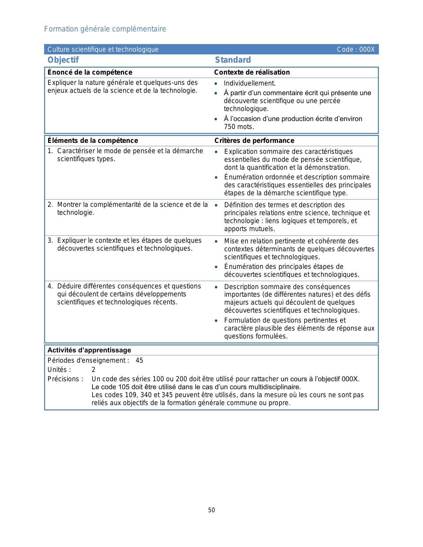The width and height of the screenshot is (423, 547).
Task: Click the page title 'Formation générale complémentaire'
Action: coord(105,29)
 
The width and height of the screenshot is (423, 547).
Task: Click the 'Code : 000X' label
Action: coord(355,49)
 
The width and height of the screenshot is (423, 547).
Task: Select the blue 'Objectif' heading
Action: coord(63,60)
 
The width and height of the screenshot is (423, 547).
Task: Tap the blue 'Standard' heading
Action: coord(233,60)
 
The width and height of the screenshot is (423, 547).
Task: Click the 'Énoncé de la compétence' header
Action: coord(90,72)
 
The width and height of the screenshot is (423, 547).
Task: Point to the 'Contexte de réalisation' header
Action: coord(252,72)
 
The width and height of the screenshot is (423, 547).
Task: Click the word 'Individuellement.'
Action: coord(249,83)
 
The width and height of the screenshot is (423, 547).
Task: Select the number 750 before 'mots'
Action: coord(230,127)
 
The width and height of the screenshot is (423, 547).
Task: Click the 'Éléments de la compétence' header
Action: coord(93,141)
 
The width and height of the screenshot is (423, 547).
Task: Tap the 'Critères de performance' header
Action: coord(254,141)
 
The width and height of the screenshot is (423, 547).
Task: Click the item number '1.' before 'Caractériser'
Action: coord(50,151)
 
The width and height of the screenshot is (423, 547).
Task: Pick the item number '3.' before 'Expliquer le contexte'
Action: coord(50,240)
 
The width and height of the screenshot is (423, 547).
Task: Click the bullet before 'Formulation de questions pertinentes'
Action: coord(216,321)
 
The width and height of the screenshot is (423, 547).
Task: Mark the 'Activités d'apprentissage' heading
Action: coord(89,350)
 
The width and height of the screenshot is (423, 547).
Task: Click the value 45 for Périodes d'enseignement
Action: coord(139,360)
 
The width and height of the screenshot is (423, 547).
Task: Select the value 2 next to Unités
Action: coord(94,370)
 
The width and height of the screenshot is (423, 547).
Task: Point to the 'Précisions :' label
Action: coord(65,379)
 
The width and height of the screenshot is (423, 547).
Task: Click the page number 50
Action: coord(211,510)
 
